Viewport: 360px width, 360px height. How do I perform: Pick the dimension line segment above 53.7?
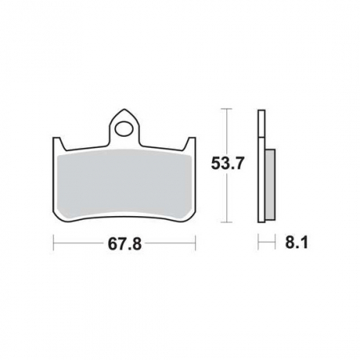pos(229,132)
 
